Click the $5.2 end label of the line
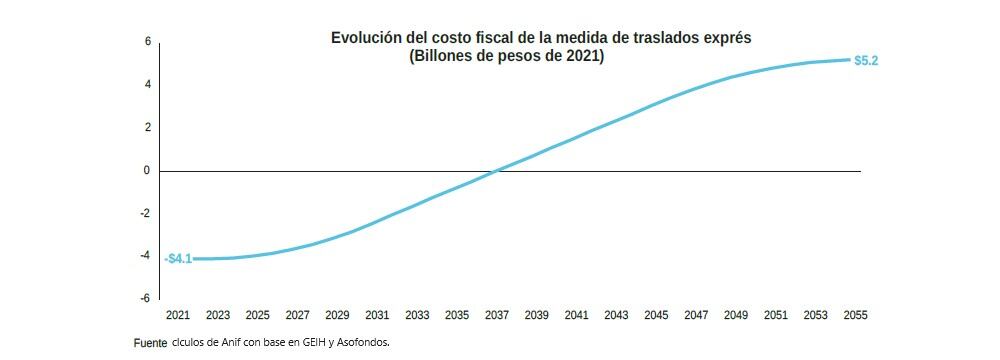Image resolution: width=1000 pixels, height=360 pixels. (866, 61)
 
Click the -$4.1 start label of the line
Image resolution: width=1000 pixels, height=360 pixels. (178, 259)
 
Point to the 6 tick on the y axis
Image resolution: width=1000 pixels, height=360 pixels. (147, 42)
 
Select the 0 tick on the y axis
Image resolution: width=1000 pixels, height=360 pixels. (147, 171)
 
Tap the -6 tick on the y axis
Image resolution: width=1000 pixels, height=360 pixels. (145, 299)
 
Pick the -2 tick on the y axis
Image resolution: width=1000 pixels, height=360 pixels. (145, 214)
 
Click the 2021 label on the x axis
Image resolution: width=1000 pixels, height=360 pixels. (178, 316)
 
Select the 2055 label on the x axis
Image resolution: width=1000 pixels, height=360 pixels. (855, 316)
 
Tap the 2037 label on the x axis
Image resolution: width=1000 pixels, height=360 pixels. (497, 316)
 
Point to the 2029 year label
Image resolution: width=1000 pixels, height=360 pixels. (337, 316)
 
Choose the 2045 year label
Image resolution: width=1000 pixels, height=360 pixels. (656, 316)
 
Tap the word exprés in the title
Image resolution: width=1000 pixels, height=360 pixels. (725, 38)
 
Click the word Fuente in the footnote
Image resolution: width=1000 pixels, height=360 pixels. (150, 343)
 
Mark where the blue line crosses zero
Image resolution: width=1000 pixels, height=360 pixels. (497, 171)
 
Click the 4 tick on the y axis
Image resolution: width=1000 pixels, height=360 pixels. (147, 85)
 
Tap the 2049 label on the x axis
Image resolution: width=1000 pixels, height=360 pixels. (736, 316)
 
